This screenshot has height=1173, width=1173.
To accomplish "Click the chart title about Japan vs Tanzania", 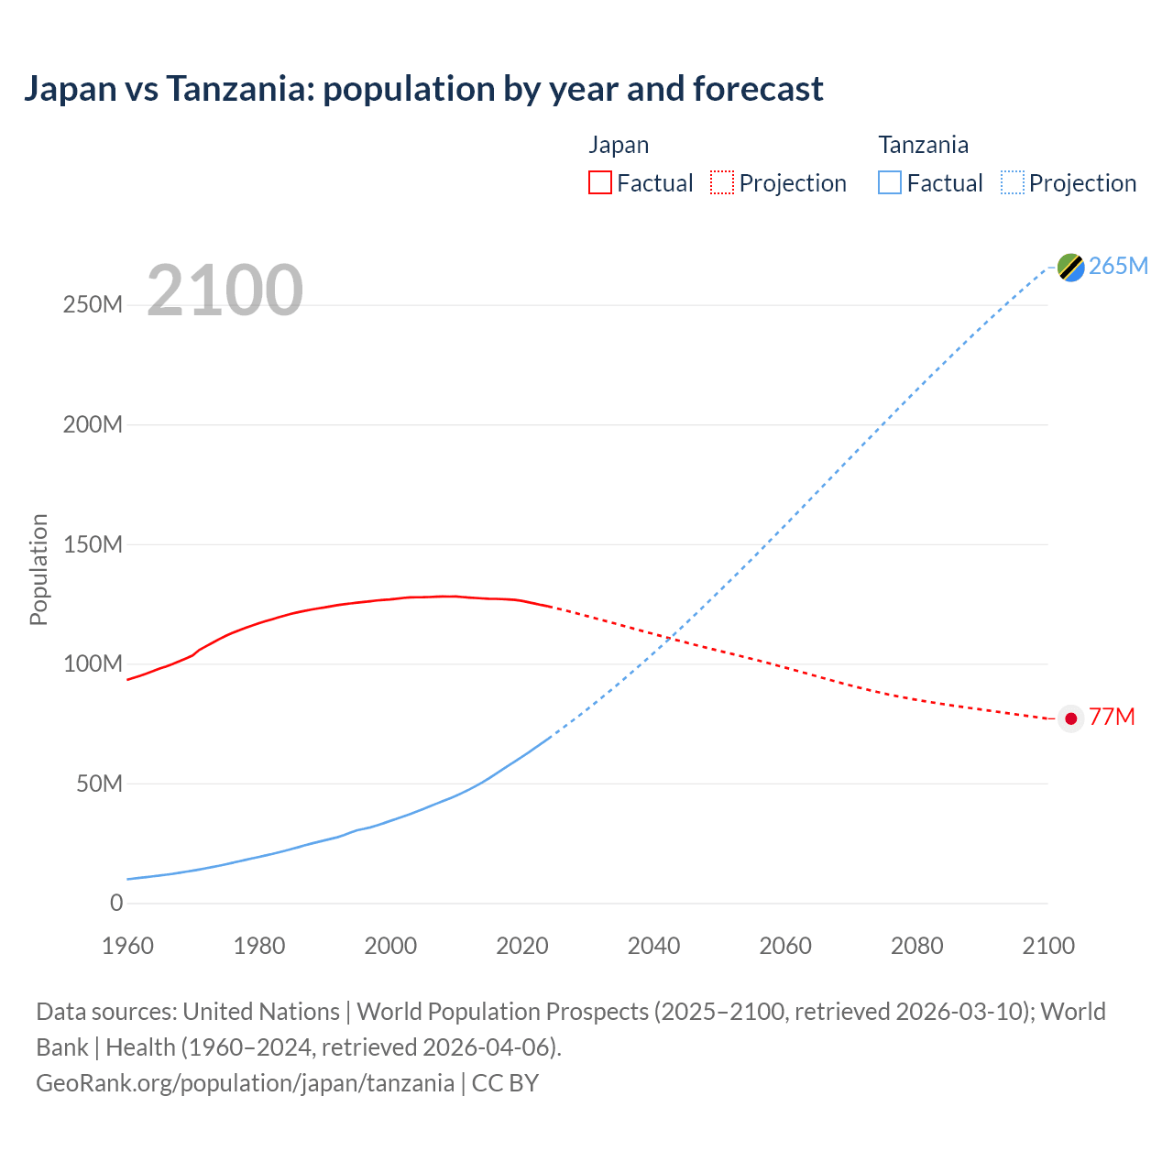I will click(x=423, y=89).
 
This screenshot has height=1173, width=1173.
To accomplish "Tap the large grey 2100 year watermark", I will click(x=225, y=291).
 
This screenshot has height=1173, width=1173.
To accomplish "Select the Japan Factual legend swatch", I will click(x=599, y=182).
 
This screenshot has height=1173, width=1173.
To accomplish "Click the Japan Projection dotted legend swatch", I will click(x=722, y=182).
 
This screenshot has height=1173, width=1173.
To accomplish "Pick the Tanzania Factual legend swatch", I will click(x=890, y=182).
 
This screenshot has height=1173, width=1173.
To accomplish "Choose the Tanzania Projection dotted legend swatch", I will click(x=1012, y=182).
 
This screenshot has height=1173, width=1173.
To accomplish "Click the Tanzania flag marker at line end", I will click(x=1070, y=267).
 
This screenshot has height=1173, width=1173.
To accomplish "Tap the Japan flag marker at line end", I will click(x=1070, y=718).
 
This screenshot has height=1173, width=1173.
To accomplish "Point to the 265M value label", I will click(x=1118, y=266).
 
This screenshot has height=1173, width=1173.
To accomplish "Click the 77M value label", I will click(x=1112, y=717).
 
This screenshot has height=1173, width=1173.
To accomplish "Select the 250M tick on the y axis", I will click(x=93, y=305).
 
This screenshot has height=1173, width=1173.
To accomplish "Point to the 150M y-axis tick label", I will click(x=93, y=544).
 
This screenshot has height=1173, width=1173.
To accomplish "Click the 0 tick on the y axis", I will click(x=116, y=903).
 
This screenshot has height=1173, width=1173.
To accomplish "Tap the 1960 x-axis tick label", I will click(x=127, y=946).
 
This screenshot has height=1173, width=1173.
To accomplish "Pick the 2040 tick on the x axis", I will click(x=653, y=946).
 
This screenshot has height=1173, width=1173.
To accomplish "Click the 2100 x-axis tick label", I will click(x=1048, y=946).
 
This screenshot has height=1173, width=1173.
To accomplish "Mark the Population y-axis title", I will click(x=38, y=569).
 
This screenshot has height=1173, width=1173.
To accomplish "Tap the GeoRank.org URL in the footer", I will click(x=245, y=1083).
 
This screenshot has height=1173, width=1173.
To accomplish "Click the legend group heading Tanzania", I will click(x=923, y=145).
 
